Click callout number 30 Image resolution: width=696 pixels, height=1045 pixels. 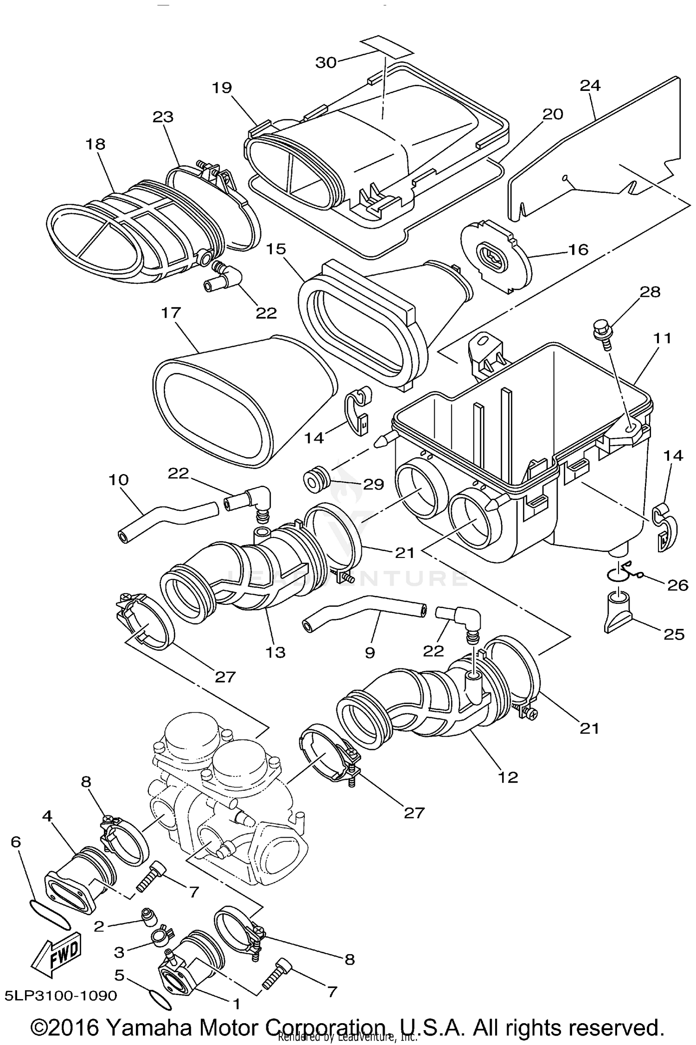[326, 62]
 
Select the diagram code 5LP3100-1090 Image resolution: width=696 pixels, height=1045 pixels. [61, 996]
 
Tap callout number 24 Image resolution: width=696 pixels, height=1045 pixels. [590, 85]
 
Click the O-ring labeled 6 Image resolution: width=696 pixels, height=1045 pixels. [50, 914]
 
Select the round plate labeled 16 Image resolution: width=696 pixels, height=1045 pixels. [496, 255]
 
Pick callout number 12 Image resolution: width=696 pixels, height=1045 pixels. [508, 776]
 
